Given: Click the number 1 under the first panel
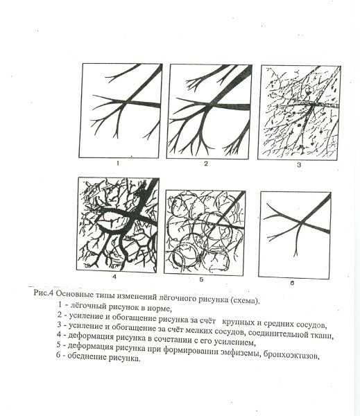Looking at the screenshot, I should (x=119, y=165).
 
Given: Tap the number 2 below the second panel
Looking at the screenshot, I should (x=206, y=164).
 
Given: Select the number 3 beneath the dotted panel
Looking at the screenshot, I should (x=299, y=166).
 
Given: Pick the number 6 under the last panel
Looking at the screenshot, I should (x=293, y=283).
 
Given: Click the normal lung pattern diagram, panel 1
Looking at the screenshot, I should (x=121, y=111).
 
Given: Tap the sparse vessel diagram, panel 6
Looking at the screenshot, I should (x=294, y=229).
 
